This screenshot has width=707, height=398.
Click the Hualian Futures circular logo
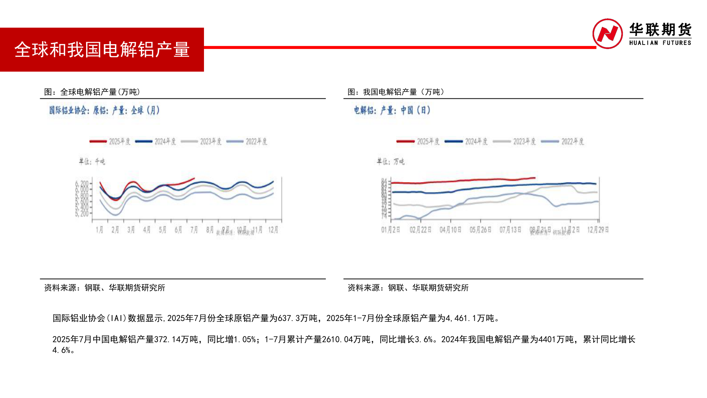click(x=607, y=34)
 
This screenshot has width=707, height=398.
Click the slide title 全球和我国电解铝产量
click(x=102, y=49)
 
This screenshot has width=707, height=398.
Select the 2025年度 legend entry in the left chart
click(x=110, y=142)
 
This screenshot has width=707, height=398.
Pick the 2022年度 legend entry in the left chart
click(x=247, y=142)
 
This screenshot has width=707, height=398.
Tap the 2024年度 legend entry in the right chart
click(x=466, y=142)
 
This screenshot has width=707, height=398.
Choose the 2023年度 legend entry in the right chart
click(x=514, y=142)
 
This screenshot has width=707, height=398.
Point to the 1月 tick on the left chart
click(x=99, y=230)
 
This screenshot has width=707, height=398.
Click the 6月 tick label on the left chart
click(x=178, y=230)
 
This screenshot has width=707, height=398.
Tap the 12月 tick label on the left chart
click(x=273, y=230)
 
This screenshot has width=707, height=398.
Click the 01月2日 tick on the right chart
click(x=390, y=230)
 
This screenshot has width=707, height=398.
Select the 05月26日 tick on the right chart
click(x=480, y=230)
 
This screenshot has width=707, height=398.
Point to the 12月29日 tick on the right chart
click(x=598, y=230)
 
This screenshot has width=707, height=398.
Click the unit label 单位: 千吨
click(x=92, y=161)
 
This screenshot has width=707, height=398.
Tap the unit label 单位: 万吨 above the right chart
click(x=390, y=161)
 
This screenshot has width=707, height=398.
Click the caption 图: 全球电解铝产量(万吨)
click(x=92, y=92)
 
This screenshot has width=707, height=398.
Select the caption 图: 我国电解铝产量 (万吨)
click(x=396, y=92)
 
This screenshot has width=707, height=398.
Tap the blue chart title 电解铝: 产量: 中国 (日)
click(x=392, y=110)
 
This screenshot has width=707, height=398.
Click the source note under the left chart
click(x=105, y=288)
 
